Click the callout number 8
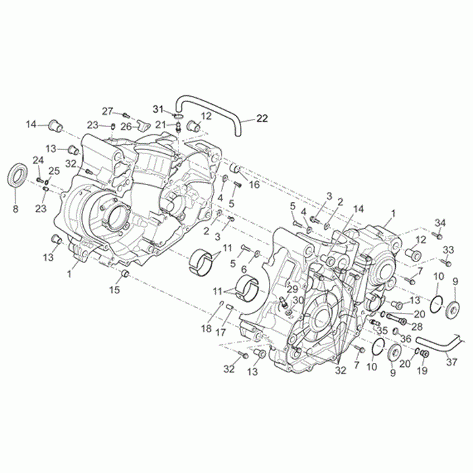click(x=16, y=208)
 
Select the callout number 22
click(x=262, y=118)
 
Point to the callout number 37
click(x=451, y=362)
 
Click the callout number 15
click(x=115, y=290)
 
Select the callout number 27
click(x=107, y=111)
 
